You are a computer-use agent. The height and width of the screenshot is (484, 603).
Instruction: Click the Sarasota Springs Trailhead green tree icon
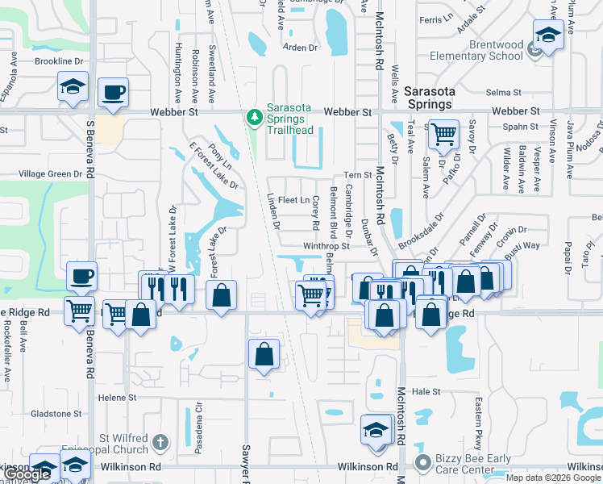pyautogui.click(x=256, y=119)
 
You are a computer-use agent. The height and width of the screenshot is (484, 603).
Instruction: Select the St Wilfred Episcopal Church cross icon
pyautogui.click(x=160, y=441)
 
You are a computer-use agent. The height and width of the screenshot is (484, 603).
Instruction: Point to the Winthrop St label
pyautogui.click(x=326, y=246)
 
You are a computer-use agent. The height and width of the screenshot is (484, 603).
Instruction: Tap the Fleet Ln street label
pyautogui.click(x=294, y=200)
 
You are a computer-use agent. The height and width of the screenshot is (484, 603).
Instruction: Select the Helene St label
pyautogui.click(x=117, y=398)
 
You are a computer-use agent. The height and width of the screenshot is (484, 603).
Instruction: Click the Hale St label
pyautogui.click(x=426, y=391)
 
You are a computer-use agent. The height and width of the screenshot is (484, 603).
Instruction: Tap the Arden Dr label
pyautogui.click(x=300, y=48)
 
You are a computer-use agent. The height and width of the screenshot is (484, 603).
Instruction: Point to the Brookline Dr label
pyautogui.click(x=59, y=61)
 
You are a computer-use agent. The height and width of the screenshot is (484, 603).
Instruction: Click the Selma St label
pyautogui.click(x=507, y=93)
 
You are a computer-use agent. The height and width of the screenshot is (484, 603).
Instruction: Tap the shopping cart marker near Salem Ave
pyautogui.click(x=443, y=134)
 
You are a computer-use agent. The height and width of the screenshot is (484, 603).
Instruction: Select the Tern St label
pyautogui.click(x=356, y=175)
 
